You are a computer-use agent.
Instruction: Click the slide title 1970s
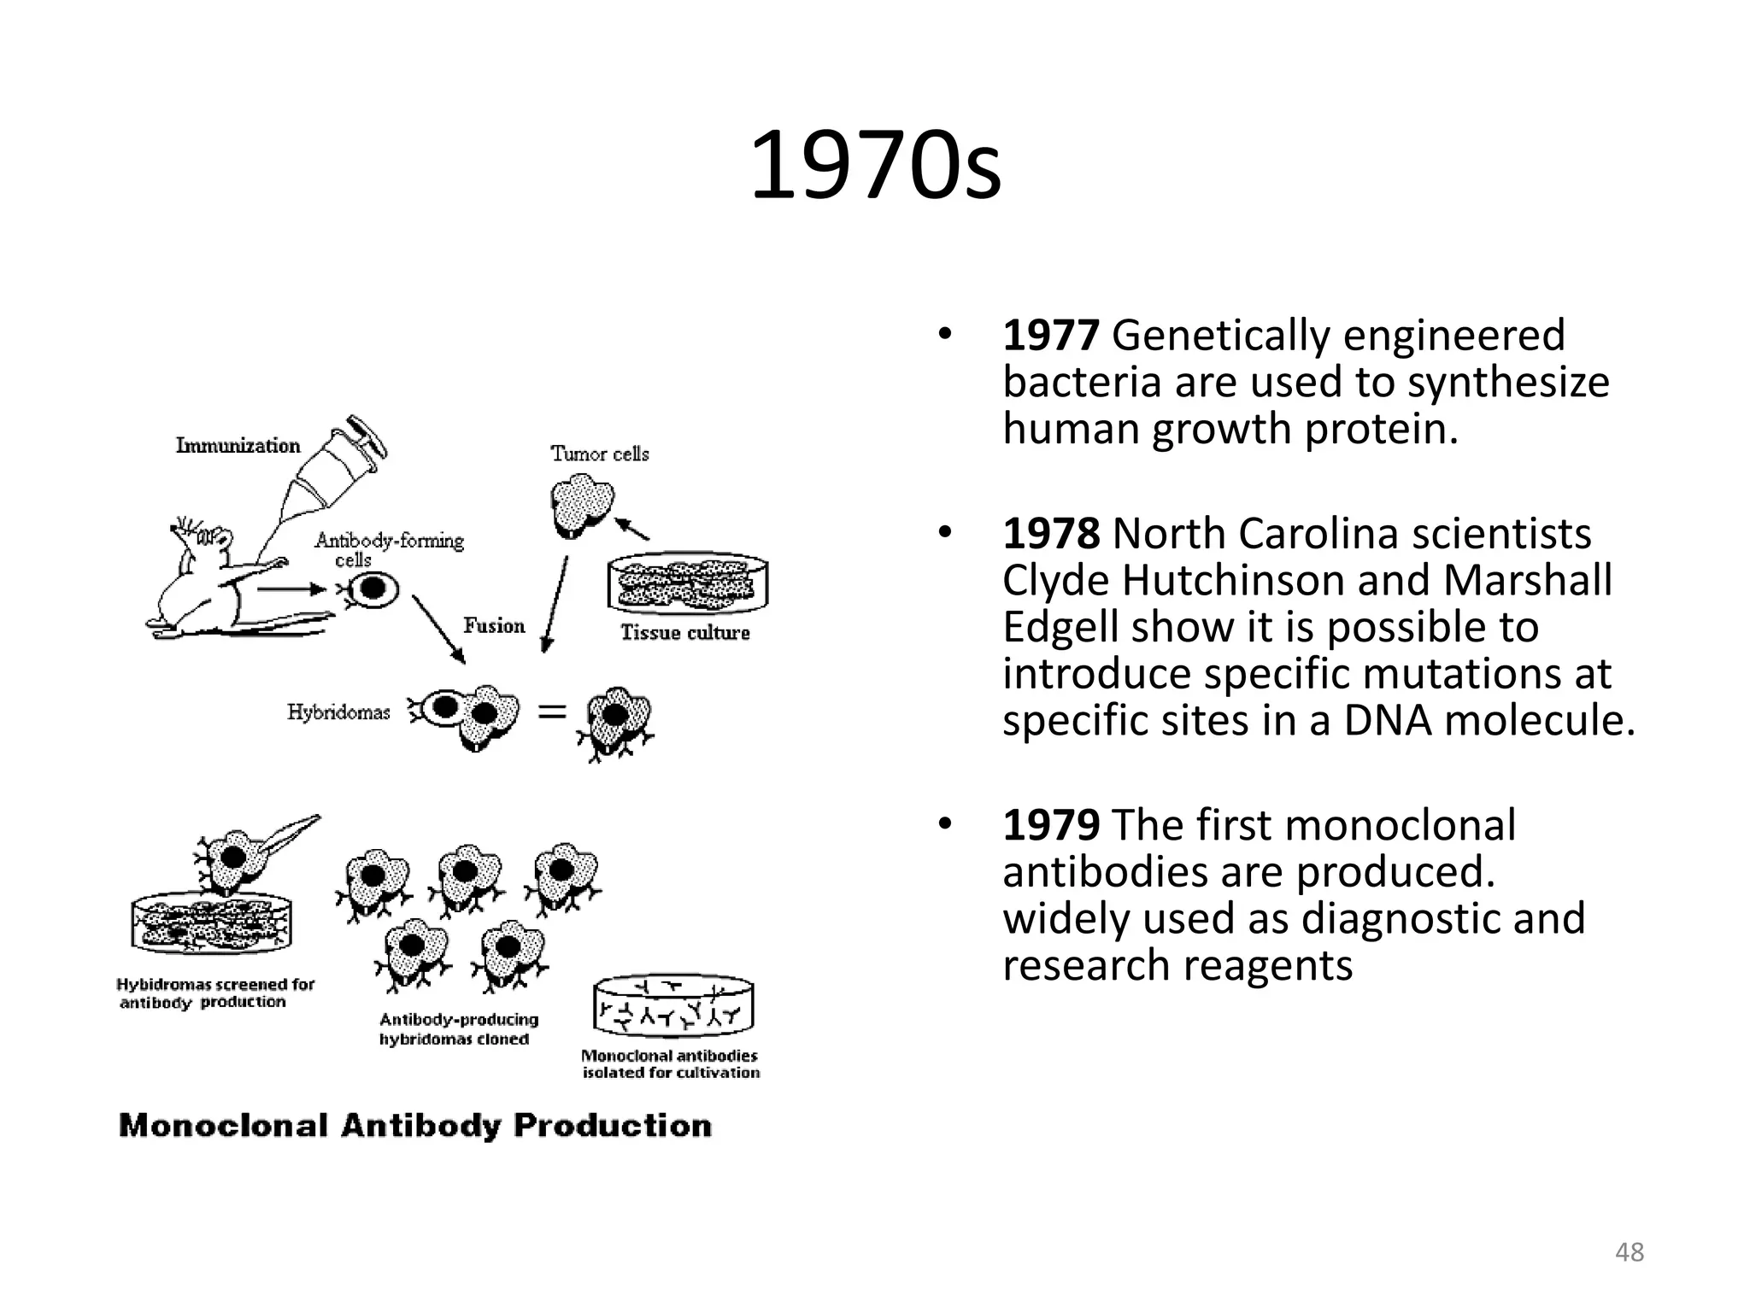(x=875, y=166)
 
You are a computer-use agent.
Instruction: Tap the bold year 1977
(x=1050, y=335)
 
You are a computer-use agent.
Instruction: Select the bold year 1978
(x=1050, y=534)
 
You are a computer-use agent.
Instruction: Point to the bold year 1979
(x=1050, y=825)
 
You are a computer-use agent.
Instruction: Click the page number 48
(x=1630, y=1252)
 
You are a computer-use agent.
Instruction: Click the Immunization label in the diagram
(x=238, y=445)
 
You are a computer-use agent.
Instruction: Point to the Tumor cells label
(x=600, y=454)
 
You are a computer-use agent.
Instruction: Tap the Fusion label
(x=494, y=626)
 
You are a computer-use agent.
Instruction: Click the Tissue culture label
(x=685, y=633)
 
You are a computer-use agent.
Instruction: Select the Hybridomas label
(x=338, y=712)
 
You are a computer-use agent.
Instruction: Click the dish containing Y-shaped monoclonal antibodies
(x=674, y=1008)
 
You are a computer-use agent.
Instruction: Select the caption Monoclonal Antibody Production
(x=415, y=1126)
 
